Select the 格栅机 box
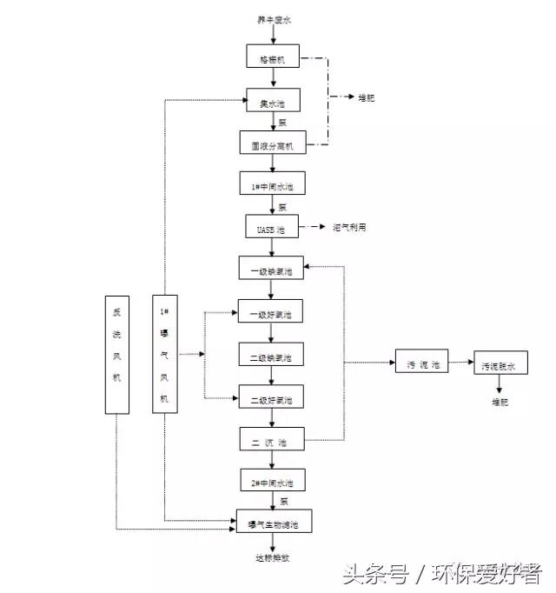pos(272,60)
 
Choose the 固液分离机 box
pos(272,145)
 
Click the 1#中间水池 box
pos(272,187)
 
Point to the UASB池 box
pos(272,228)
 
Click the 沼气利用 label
pos(349,228)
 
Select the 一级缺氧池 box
pos(272,270)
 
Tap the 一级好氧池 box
pos(272,313)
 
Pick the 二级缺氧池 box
pos(272,356)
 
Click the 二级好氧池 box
pos(272,399)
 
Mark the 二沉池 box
pos(272,442)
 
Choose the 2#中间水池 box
pos(272,481)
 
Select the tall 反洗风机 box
pos(116,353)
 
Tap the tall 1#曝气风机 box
pos(164,353)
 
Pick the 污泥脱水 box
pos(500,366)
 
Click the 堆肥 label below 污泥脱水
pos(500,403)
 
